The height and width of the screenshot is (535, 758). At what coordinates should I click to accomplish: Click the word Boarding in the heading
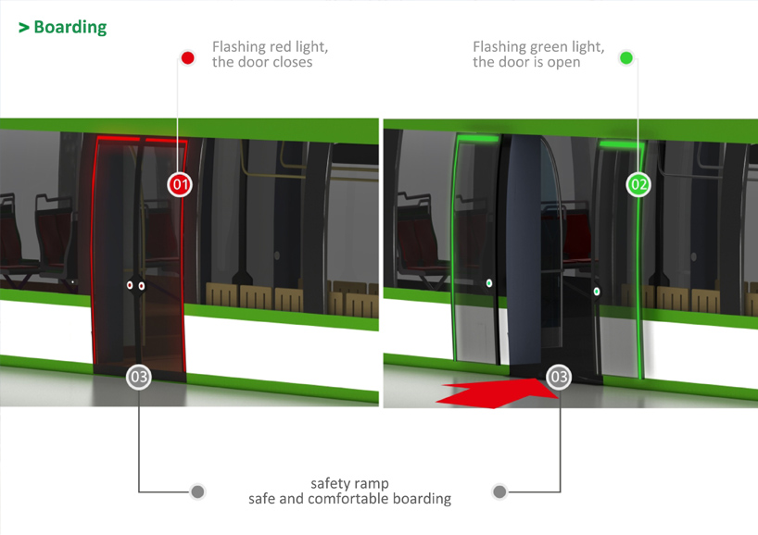70,28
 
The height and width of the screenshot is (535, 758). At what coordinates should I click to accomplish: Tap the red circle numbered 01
180,184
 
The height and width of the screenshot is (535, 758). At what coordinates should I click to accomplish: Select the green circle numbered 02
638,184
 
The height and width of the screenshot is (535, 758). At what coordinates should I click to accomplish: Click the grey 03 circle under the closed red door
139,377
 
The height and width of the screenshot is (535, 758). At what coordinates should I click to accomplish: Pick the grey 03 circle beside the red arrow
559,377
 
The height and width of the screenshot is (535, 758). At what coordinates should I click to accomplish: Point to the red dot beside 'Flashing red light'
187,58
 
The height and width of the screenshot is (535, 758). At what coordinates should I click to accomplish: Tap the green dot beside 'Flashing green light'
626,58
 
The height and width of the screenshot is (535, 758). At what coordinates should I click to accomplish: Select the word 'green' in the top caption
550,48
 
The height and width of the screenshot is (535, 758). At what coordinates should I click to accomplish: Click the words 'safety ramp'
349,483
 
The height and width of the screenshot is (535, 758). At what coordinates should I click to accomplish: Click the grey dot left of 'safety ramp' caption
197,491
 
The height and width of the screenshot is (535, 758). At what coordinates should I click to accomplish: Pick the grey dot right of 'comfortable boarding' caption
499,491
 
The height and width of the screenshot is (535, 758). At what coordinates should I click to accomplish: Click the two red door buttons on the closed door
135,286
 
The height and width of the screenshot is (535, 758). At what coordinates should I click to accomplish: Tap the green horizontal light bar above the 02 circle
621,143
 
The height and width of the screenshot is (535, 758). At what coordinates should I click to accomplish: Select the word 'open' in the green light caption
563,63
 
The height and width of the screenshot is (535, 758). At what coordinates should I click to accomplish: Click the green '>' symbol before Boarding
24,28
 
